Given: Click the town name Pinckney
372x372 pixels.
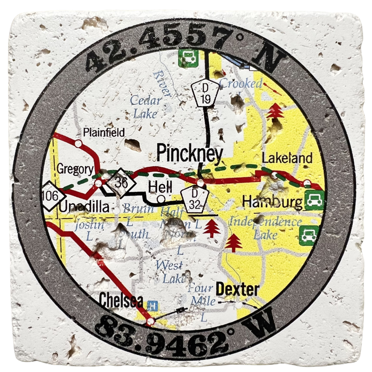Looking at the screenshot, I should coord(189,153).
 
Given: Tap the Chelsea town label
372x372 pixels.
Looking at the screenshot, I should coord(121,300).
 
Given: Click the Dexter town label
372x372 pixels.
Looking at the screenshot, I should coord(237,289).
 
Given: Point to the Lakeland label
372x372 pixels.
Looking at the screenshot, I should coord(287,158).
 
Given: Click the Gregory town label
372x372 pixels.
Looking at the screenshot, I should coord(75,170).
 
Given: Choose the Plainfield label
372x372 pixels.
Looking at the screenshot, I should coord(104,132).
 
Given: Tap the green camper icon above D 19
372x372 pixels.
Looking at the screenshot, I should coord(188,58).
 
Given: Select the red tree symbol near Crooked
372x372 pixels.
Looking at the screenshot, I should coord(275,111).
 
